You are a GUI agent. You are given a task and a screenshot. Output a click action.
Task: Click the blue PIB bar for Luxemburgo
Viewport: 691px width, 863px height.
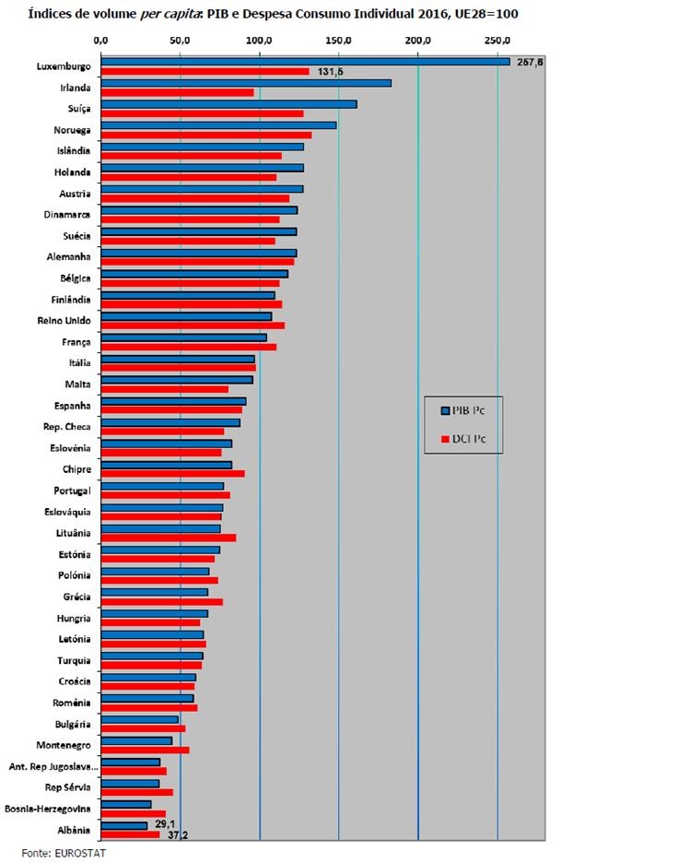point(304,62)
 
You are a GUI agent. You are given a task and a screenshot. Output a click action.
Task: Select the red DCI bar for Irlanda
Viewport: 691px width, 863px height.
point(177,92)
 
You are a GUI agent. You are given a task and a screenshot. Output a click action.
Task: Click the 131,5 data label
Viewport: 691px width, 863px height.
point(330,72)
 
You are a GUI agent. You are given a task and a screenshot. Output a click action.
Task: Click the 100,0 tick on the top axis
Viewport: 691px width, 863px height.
point(260,40)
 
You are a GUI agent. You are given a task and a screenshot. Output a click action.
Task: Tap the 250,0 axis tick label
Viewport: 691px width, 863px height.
point(498,40)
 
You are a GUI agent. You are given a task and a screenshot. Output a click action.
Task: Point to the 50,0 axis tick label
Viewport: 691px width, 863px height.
point(181,40)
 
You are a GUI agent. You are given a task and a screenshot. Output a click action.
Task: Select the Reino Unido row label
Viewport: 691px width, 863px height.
point(64,320)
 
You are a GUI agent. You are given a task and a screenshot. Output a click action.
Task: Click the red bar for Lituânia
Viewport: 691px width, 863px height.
point(169,538)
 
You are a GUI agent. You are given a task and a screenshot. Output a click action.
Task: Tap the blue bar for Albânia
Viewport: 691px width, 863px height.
point(124,825)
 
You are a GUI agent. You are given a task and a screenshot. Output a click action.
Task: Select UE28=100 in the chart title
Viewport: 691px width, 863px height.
point(497,15)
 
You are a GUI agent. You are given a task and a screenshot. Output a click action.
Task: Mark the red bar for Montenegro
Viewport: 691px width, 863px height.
point(146,750)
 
